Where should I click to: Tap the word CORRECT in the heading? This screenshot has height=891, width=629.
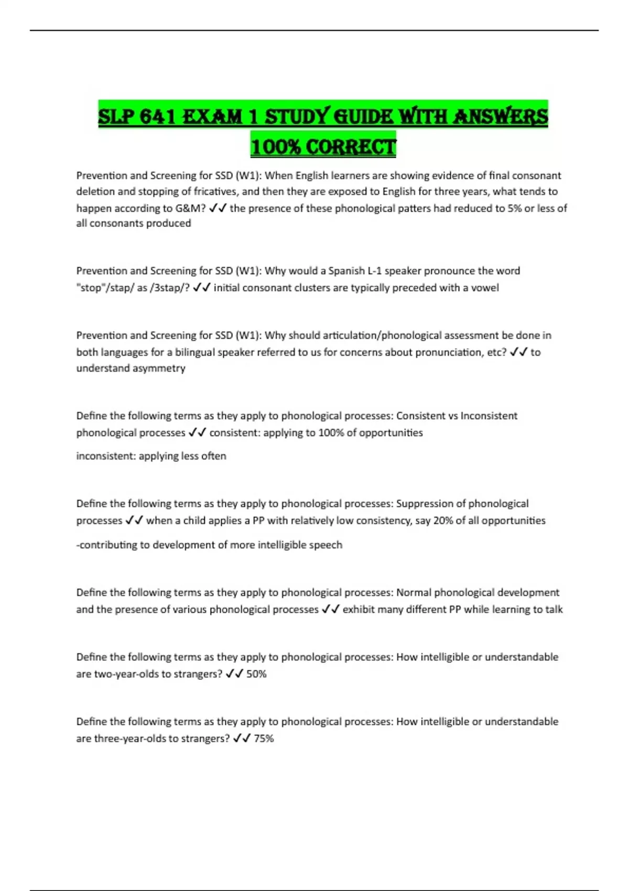tap(351, 146)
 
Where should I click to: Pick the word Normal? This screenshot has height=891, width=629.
tap(413, 593)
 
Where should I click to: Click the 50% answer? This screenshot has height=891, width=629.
tap(256, 674)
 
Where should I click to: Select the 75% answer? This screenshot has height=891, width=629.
tap(264, 738)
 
